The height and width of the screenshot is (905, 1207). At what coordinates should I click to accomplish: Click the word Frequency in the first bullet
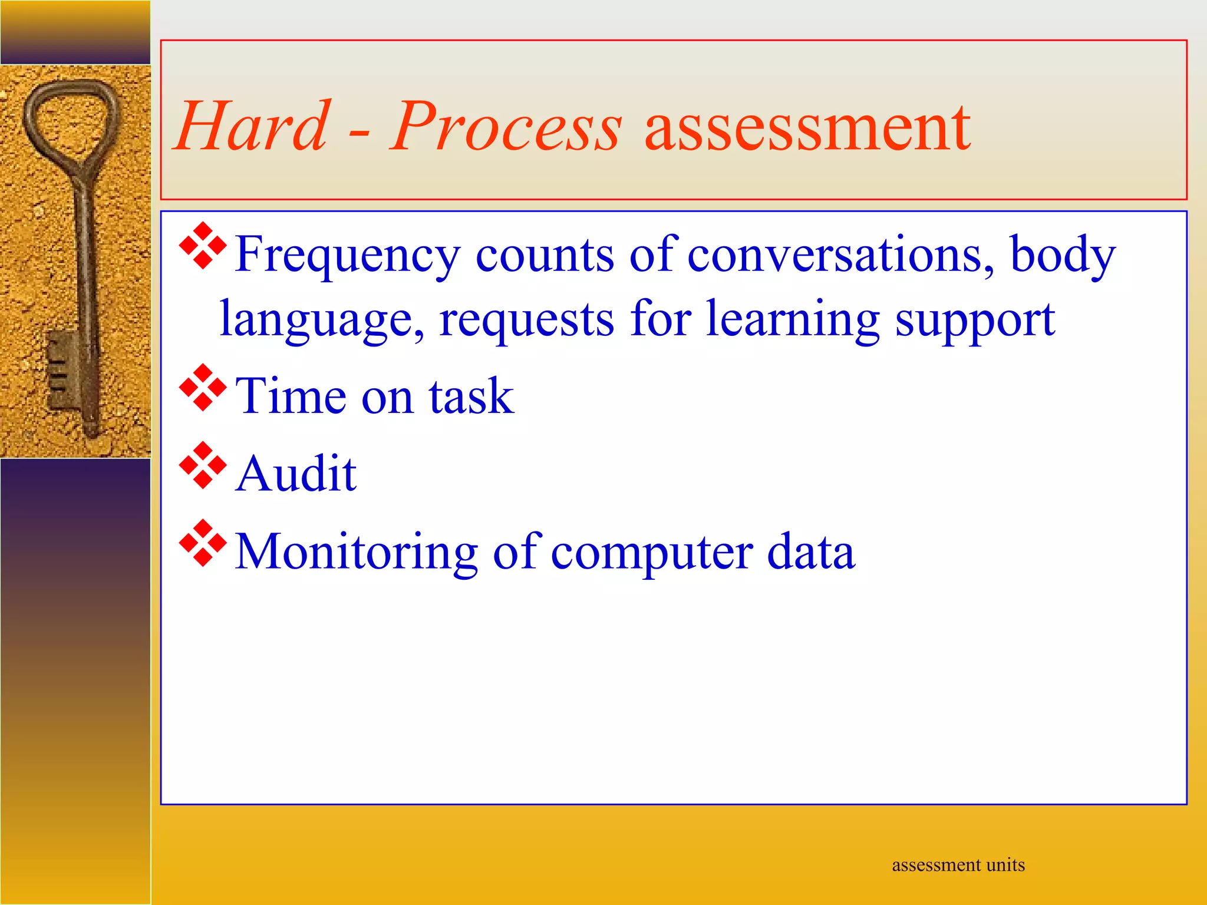click(x=347, y=255)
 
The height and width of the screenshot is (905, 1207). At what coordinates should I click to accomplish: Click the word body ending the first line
click(x=1062, y=255)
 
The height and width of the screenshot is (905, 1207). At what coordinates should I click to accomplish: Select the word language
click(x=322, y=320)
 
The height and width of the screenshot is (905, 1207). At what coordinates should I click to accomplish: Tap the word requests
click(x=526, y=320)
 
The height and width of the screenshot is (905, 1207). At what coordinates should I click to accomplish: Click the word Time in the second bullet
click(x=290, y=396)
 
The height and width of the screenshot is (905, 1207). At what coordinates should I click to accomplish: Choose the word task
click(x=471, y=396)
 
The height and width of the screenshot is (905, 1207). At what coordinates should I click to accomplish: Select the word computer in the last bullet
click(x=652, y=553)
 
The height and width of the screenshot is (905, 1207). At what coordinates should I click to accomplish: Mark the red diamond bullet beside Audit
click(x=203, y=465)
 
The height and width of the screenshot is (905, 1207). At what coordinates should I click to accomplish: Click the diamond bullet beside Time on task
click(x=203, y=388)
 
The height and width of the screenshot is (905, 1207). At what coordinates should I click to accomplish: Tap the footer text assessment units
click(x=958, y=864)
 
